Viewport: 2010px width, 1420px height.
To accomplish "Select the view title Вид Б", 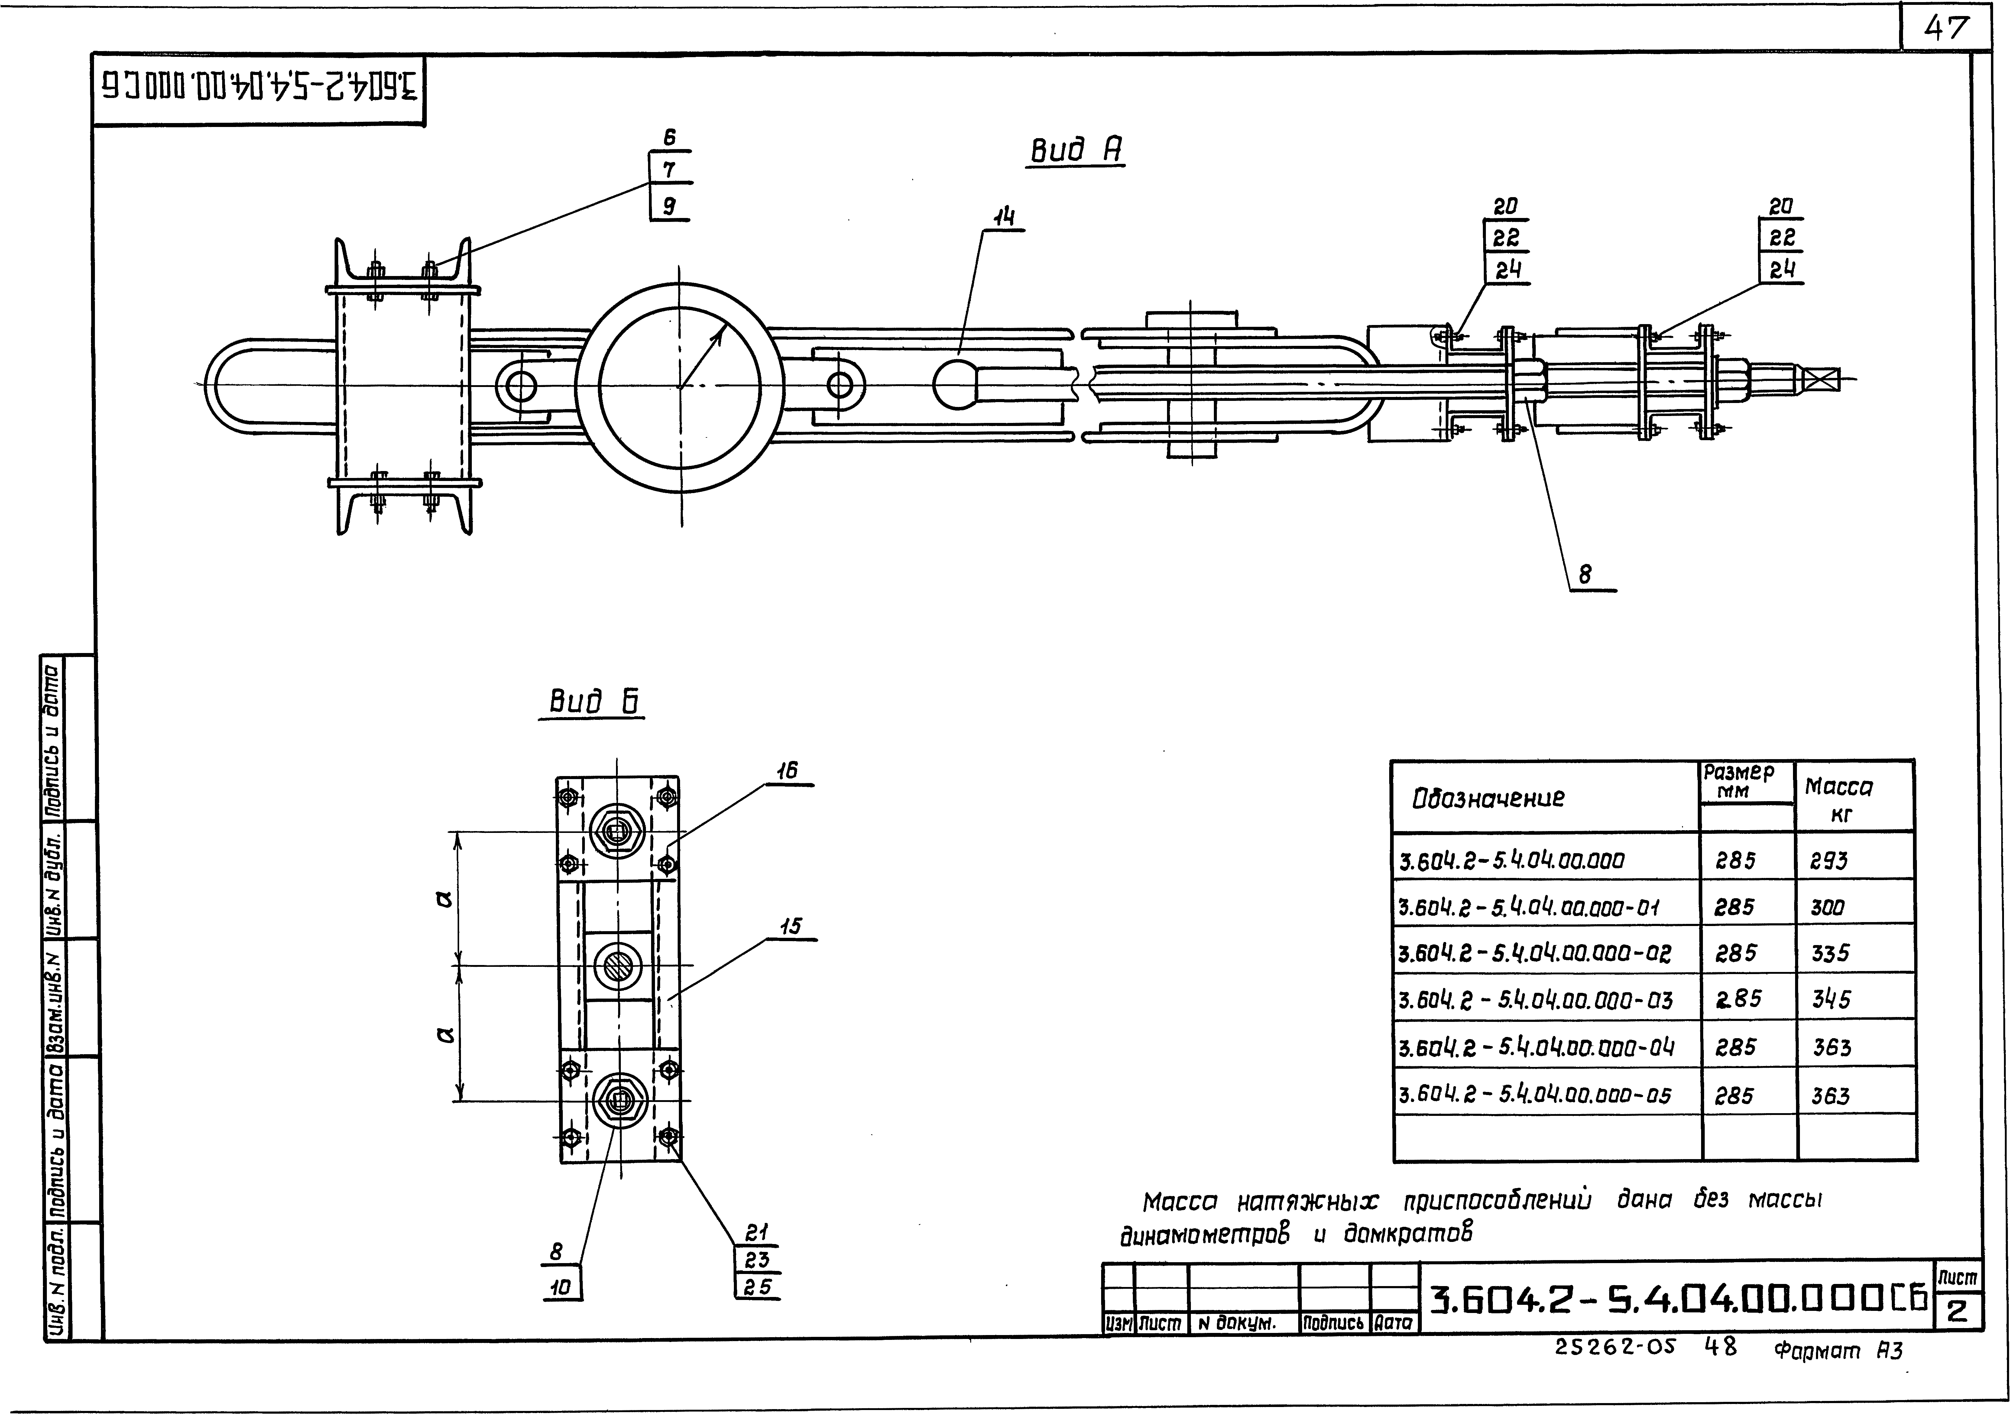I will click(595, 701).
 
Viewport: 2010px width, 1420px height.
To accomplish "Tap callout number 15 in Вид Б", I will click(790, 926).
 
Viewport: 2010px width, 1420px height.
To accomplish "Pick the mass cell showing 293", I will click(1829, 861).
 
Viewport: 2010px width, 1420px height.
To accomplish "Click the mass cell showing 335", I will click(1830, 954).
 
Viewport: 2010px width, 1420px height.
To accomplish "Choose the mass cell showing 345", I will click(1830, 999).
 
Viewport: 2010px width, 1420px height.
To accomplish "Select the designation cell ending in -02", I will click(1535, 954).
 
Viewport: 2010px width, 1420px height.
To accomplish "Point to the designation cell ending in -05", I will click(1535, 1094).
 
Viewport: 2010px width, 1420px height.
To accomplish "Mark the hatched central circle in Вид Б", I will click(618, 966).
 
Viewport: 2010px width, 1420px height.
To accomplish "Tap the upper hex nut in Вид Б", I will click(618, 831).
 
